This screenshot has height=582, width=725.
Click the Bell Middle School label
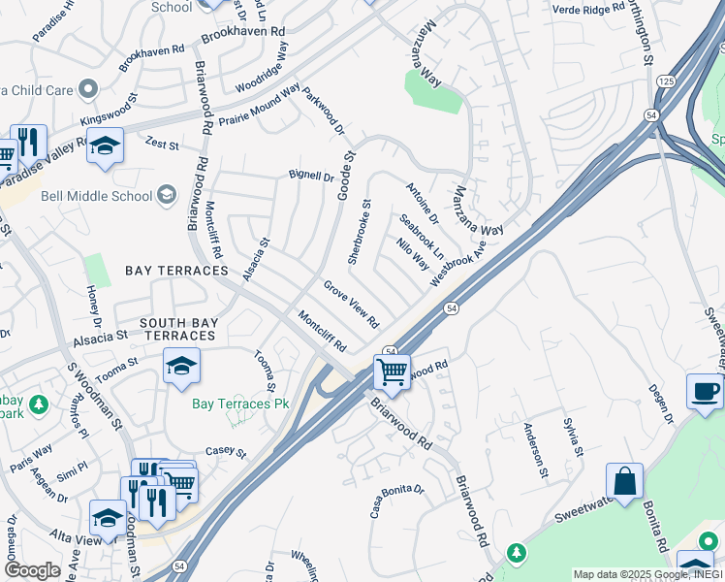click(x=97, y=196)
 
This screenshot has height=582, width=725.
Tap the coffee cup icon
click(x=705, y=391)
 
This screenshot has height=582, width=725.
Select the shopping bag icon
click(x=625, y=481)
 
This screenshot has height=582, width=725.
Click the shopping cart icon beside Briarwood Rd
click(x=392, y=371)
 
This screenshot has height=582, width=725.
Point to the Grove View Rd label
click(x=351, y=305)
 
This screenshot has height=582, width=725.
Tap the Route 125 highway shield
click(x=666, y=81)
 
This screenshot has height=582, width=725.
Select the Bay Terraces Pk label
click(x=234, y=404)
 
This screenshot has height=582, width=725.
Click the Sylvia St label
click(x=574, y=437)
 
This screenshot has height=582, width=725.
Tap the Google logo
click(x=32, y=569)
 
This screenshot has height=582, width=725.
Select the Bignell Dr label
click(x=310, y=178)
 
